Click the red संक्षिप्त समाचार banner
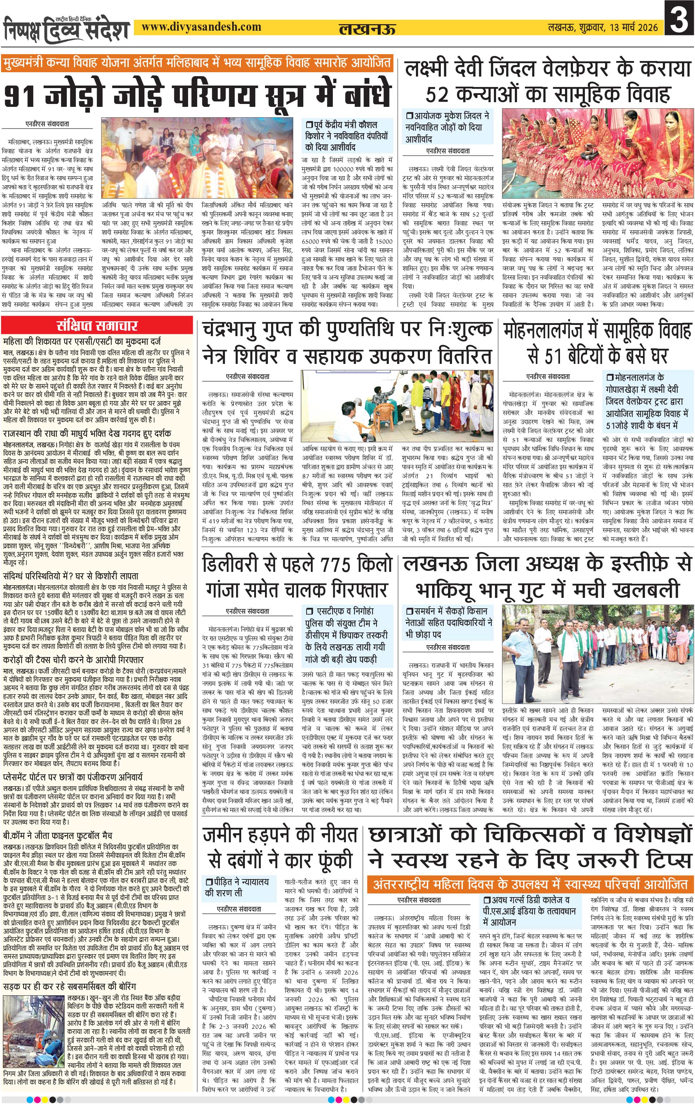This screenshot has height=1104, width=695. click(x=97, y=326)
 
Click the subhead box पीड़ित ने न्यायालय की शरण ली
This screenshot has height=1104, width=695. click(x=238, y=887)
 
